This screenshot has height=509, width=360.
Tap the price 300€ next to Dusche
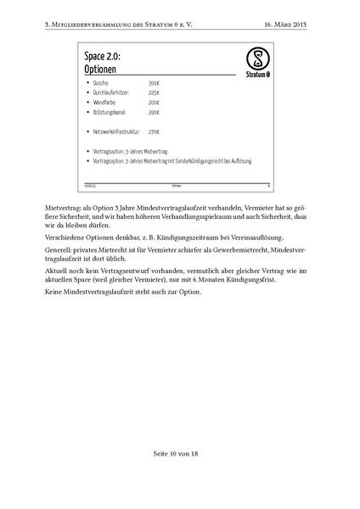tap(154, 83)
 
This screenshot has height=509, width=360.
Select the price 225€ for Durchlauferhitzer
tap(154, 92)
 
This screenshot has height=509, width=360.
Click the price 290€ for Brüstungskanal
tap(154, 112)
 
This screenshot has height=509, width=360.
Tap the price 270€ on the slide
tap(154, 131)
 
